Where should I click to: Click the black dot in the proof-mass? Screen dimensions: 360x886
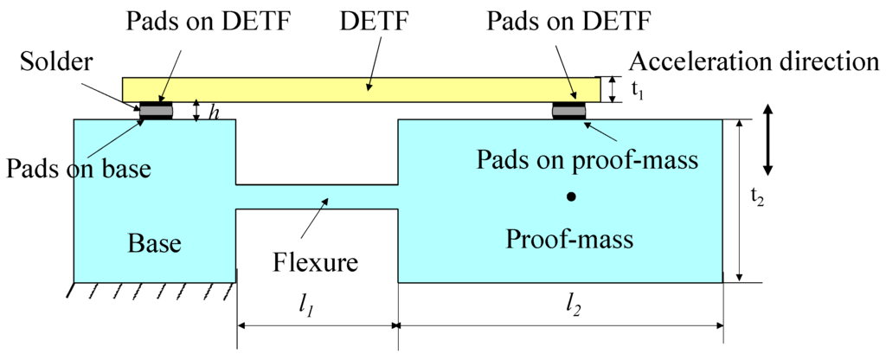(x=570, y=197)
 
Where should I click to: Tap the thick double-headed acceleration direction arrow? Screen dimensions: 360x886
(x=768, y=140)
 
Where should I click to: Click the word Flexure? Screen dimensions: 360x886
(x=315, y=260)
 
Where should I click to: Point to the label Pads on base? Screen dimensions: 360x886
(x=77, y=167)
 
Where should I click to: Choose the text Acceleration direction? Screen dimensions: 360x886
(x=754, y=61)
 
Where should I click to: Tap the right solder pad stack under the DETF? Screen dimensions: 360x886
(x=570, y=111)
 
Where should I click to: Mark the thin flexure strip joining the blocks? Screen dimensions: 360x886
(x=317, y=196)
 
